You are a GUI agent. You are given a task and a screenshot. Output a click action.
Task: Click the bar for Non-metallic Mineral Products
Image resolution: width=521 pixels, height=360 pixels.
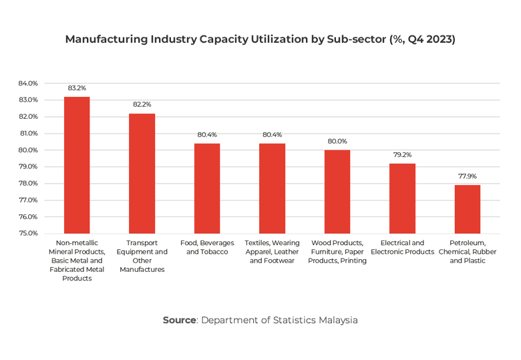coord(77,165)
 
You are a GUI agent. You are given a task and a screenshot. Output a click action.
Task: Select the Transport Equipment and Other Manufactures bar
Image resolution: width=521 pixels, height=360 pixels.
coord(142,174)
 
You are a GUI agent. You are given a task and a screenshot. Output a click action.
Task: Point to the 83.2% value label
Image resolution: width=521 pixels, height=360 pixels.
coord(77,87)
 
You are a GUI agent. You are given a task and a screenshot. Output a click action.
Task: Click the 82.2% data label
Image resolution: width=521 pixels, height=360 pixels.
coord(142,104)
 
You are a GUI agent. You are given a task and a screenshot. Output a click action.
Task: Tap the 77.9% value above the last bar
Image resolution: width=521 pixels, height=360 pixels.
coord(468,176)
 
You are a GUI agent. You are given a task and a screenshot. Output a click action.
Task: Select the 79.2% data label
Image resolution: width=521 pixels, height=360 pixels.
coord(403,154)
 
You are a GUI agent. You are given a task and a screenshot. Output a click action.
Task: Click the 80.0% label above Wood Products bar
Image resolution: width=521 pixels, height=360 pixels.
coord(337,141)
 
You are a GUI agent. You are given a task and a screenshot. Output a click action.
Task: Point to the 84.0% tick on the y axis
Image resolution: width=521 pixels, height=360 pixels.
coord(28,83)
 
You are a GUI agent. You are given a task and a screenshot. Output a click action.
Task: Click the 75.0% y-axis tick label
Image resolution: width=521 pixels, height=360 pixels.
coord(28,234)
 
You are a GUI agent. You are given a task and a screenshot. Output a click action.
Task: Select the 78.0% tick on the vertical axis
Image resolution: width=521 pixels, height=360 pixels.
coord(28,184)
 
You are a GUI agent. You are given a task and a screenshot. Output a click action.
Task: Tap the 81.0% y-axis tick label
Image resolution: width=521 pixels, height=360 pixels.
coord(28,134)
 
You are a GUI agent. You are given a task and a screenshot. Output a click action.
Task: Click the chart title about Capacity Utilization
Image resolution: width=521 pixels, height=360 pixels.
coord(260,39)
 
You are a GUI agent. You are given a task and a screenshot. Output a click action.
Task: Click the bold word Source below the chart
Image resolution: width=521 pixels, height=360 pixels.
coord(179,320)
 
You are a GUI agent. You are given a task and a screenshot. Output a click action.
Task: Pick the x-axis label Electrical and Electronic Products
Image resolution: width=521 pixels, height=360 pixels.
coord(403,247)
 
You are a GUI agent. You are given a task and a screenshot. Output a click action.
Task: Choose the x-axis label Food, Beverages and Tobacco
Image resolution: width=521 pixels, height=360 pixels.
coord(207,247)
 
